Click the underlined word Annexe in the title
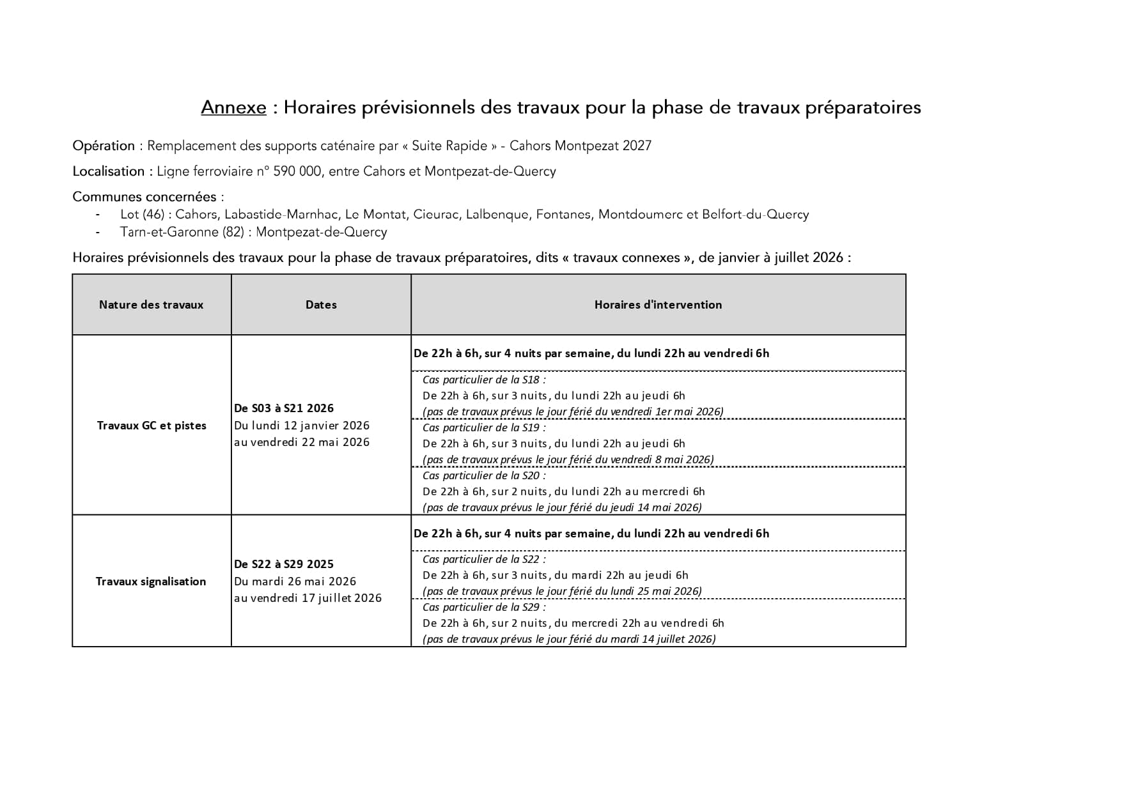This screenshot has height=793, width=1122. tap(233, 107)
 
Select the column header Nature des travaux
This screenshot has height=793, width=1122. tap(151, 305)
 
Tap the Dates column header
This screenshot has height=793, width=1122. tap(321, 305)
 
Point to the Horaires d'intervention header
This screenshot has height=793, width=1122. tap(658, 305)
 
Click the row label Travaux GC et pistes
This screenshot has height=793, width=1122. tap(152, 426)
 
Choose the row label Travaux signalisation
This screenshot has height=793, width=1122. tap(151, 581)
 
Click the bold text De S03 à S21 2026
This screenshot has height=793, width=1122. tap(284, 408)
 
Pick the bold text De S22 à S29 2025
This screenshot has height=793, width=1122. tap(284, 564)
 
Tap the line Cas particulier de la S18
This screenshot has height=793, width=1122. tap(484, 380)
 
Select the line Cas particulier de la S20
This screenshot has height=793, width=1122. tap(484, 475)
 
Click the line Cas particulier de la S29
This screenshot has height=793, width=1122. tap(484, 607)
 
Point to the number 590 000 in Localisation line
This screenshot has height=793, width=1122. tap(297, 171)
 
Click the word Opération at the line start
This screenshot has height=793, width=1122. tap(104, 146)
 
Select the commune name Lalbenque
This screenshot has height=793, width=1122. tap(497, 215)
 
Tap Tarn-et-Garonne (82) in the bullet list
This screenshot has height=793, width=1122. tap(182, 232)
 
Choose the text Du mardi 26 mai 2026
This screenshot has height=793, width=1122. tap(295, 581)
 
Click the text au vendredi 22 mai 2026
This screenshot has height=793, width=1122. tap(302, 442)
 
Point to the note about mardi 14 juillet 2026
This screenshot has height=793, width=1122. tap(569, 639)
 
